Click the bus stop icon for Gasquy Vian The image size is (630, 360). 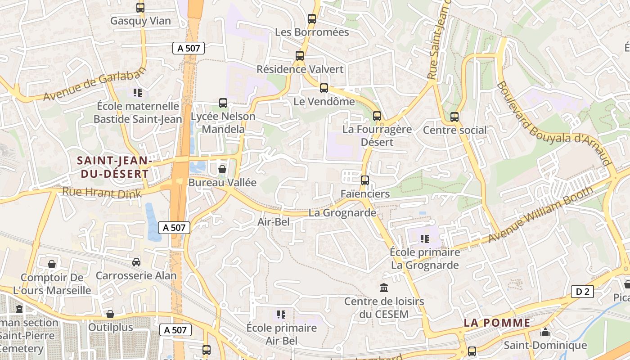tap(140, 8)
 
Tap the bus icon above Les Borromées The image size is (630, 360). tap(312, 19)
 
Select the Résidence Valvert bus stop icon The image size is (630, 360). tap(300, 56)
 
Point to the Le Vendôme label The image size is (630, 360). tap(324, 102)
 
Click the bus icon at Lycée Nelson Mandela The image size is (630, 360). tap(223, 103)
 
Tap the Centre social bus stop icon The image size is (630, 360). tap(454, 117)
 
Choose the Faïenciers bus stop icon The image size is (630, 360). tap(365, 180)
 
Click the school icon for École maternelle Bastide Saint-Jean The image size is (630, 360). tap(138, 93)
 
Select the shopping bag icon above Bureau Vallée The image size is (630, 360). tap(222, 169)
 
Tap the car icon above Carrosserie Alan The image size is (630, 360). tap(136, 262)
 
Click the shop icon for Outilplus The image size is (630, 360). tap(110, 314)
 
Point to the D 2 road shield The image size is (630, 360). tap(582, 292)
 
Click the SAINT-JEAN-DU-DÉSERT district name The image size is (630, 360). tap(112, 167)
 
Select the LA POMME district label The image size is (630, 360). tap(497, 323)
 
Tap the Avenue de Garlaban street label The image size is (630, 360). tap(95, 84)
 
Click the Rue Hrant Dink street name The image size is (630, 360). tap(102, 193)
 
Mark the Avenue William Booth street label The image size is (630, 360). tap(541, 214)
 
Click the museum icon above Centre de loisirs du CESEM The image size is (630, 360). tap(384, 288)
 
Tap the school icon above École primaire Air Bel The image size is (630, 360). tap(282, 314)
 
